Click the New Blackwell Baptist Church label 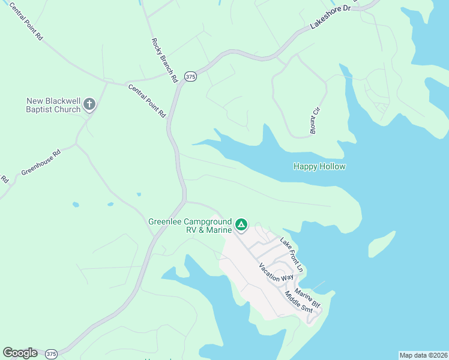tap(53, 105)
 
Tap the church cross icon tap(89, 105)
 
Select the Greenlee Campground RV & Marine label tap(190, 226)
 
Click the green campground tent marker tap(241, 225)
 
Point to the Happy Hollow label tap(319, 166)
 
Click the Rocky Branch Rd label tap(164, 61)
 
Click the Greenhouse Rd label tap(41, 163)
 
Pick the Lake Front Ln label tap(292, 253)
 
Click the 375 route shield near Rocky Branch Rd tap(190, 76)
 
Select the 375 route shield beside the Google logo tap(52, 353)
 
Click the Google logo tap(20, 353)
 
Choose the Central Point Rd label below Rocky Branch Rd tap(147, 100)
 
